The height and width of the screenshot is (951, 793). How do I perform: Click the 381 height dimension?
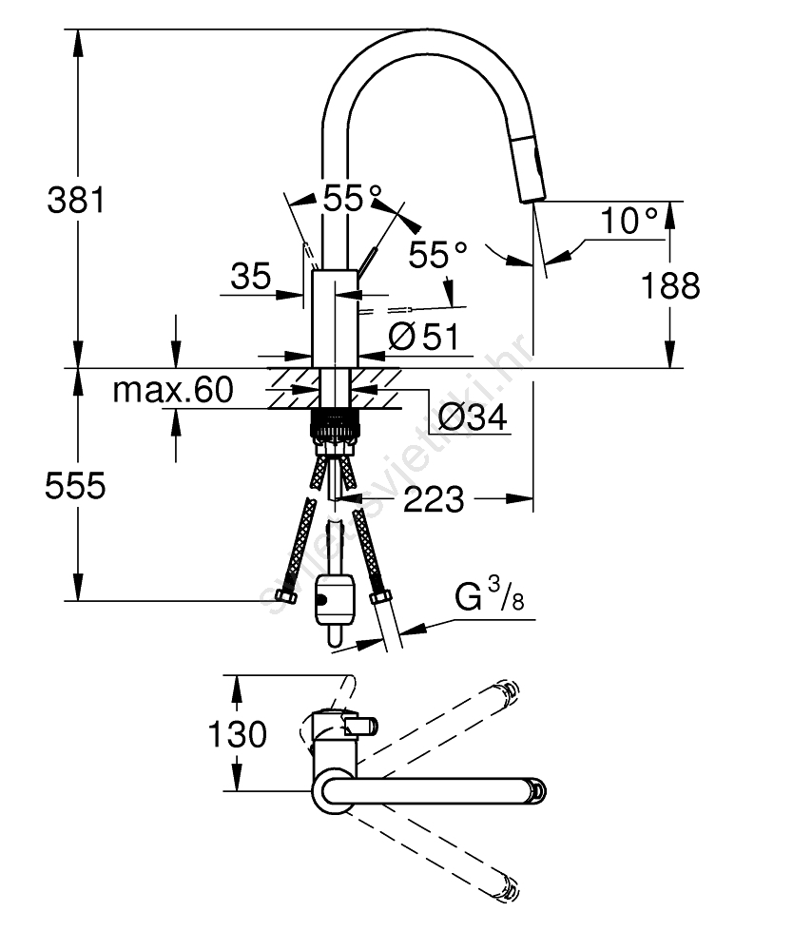point(75,201)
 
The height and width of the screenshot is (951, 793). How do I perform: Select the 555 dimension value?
point(75,486)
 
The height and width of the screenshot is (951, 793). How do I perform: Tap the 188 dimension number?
point(670,284)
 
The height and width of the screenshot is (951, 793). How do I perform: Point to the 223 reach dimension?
point(434,497)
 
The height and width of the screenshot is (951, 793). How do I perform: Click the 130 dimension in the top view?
point(237,734)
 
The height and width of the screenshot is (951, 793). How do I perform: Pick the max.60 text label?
point(172,390)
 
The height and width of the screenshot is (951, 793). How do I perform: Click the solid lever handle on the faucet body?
point(367,258)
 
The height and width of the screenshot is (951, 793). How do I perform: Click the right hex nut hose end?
point(379,599)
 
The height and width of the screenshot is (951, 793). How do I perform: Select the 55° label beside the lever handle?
point(438,255)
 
